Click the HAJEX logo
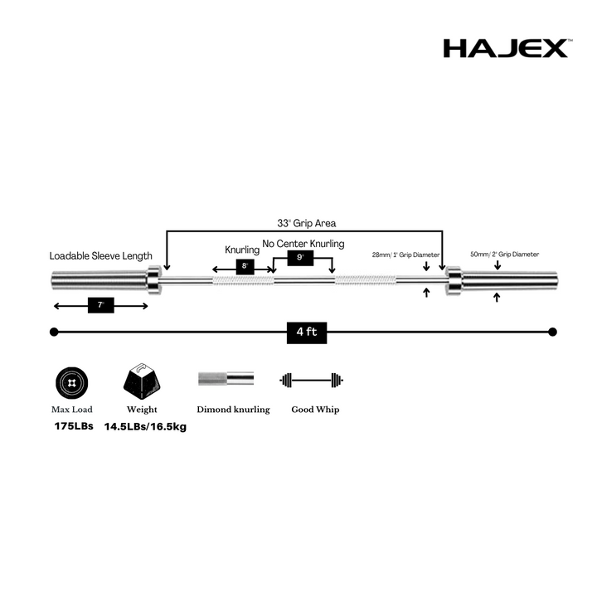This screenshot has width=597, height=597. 507,48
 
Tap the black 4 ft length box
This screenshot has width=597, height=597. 307,332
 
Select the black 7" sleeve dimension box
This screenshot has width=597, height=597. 101,305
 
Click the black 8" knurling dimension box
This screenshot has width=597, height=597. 245,266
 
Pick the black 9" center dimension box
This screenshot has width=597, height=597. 300,258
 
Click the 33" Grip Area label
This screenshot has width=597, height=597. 307,223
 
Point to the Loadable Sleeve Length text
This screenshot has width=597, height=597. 101,256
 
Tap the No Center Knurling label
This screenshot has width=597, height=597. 303,244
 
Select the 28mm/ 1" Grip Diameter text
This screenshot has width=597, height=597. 405,255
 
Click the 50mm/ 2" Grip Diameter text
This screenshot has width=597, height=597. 504,254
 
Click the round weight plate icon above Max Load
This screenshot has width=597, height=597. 71,382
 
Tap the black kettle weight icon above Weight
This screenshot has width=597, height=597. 142,381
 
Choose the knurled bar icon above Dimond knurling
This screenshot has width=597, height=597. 226,378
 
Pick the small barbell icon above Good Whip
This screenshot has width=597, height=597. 312,380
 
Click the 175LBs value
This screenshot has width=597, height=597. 74,426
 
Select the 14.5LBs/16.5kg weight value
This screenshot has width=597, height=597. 145,427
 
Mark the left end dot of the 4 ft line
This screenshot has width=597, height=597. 54,332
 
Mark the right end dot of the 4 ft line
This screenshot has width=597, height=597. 553,332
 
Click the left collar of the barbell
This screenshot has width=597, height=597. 154,280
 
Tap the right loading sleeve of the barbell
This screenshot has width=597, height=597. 510,281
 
